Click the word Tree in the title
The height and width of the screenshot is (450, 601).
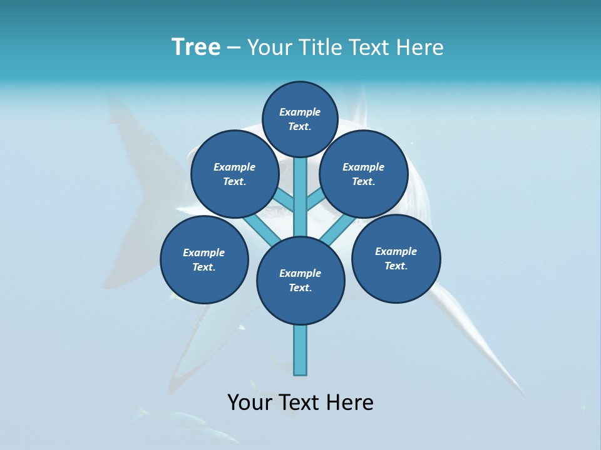click(x=196, y=47)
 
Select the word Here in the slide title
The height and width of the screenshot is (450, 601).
click(x=420, y=47)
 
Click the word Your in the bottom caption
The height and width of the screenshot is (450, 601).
click(x=249, y=402)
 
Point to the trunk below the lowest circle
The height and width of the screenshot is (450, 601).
click(x=300, y=350)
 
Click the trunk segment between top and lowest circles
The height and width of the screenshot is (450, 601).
click(x=300, y=197)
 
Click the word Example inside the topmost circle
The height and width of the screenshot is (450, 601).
click(x=300, y=112)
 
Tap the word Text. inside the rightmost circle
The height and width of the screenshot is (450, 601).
click(x=396, y=266)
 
